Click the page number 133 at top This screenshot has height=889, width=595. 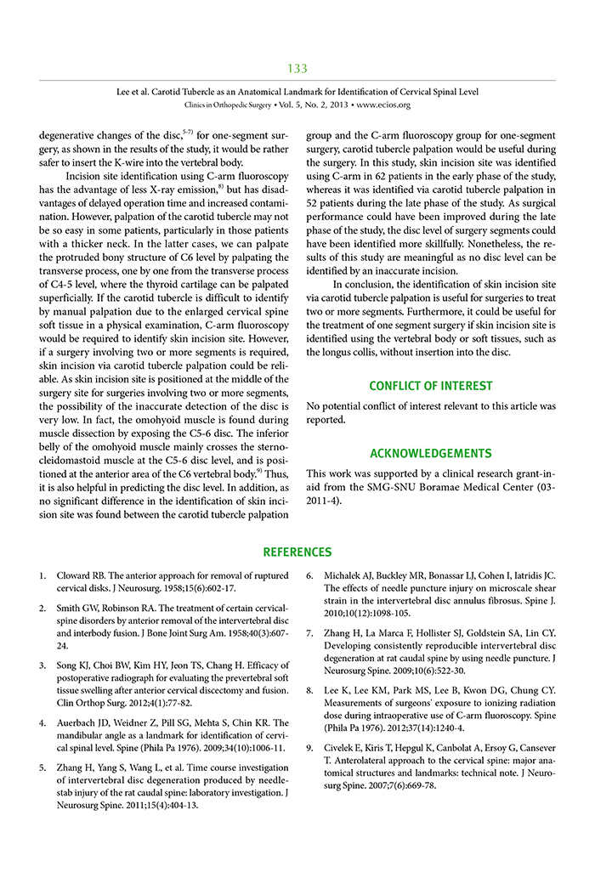click(297, 68)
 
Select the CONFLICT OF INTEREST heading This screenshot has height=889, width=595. click(431, 386)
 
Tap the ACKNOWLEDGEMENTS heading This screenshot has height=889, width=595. click(431, 453)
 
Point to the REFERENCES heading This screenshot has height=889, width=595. click(297, 552)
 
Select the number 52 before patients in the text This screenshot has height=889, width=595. click(314, 203)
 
